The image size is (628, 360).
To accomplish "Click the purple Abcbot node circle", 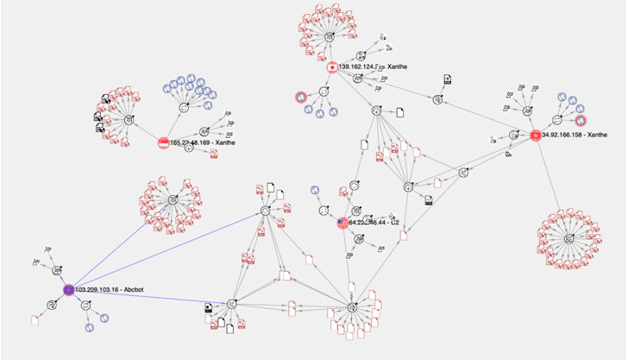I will pos(68,289).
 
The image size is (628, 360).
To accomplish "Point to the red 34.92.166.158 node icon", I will pos(535,135).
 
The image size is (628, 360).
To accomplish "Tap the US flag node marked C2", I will pos(342,223).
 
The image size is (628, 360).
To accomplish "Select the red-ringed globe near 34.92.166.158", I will pos(581,120).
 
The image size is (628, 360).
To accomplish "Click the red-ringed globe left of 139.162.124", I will pos(300,97).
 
